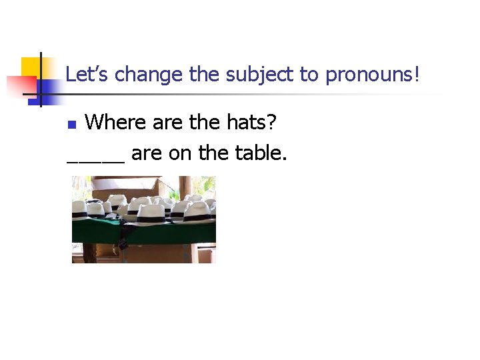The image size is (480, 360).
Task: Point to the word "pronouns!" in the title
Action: [x=373, y=75]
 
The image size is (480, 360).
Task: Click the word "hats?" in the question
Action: [x=254, y=122]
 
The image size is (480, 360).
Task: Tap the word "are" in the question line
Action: [x=167, y=123]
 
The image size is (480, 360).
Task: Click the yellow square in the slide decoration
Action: [x=31, y=67]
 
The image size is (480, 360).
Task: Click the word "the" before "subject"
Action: [x=204, y=75]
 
